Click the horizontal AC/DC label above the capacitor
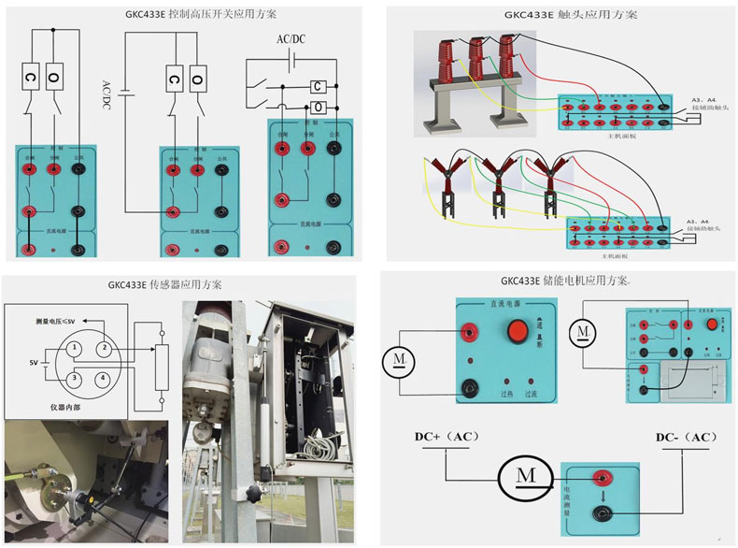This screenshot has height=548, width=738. point(291,38)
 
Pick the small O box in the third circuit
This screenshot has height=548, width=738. point(319,106)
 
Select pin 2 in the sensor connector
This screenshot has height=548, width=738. point(105,347)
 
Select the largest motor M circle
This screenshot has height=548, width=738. point(525,476)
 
